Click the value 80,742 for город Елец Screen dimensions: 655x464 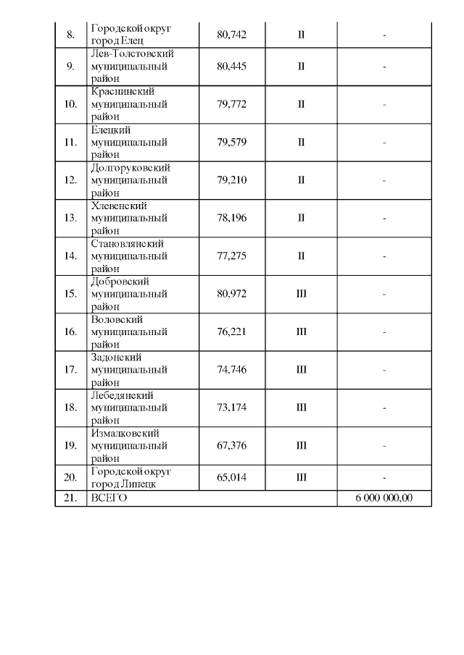pyautogui.click(x=231, y=35)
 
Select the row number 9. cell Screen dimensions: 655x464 pyautogui.click(x=70, y=67)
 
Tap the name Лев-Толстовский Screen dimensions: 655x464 pyautogui.click(x=132, y=54)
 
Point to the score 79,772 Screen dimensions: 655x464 pyautogui.click(x=231, y=104)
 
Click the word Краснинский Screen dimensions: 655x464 pyautogui.click(x=123, y=91)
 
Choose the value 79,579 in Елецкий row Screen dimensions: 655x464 pyautogui.click(x=231, y=142)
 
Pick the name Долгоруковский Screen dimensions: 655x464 pyautogui.click(x=130, y=167)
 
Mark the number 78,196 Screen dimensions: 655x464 pyautogui.click(x=231, y=218)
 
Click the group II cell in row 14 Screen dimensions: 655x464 pyautogui.click(x=301, y=256)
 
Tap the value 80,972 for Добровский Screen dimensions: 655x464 pyautogui.click(x=231, y=294)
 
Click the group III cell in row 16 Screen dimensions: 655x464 pyautogui.click(x=301, y=331)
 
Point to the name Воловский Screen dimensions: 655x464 pyautogui.click(x=117, y=319)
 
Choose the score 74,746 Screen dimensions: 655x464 pyautogui.click(x=231, y=370)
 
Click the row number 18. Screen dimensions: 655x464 pyautogui.click(x=70, y=407)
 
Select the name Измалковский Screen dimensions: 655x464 pyautogui.click(x=125, y=433)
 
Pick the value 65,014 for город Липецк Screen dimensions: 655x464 pyautogui.click(x=231, y=478)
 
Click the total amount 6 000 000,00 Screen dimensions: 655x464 pyautogui.click(x=384, y=499)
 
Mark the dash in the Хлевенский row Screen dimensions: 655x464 pyautogui.click(x=384, y=218)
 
